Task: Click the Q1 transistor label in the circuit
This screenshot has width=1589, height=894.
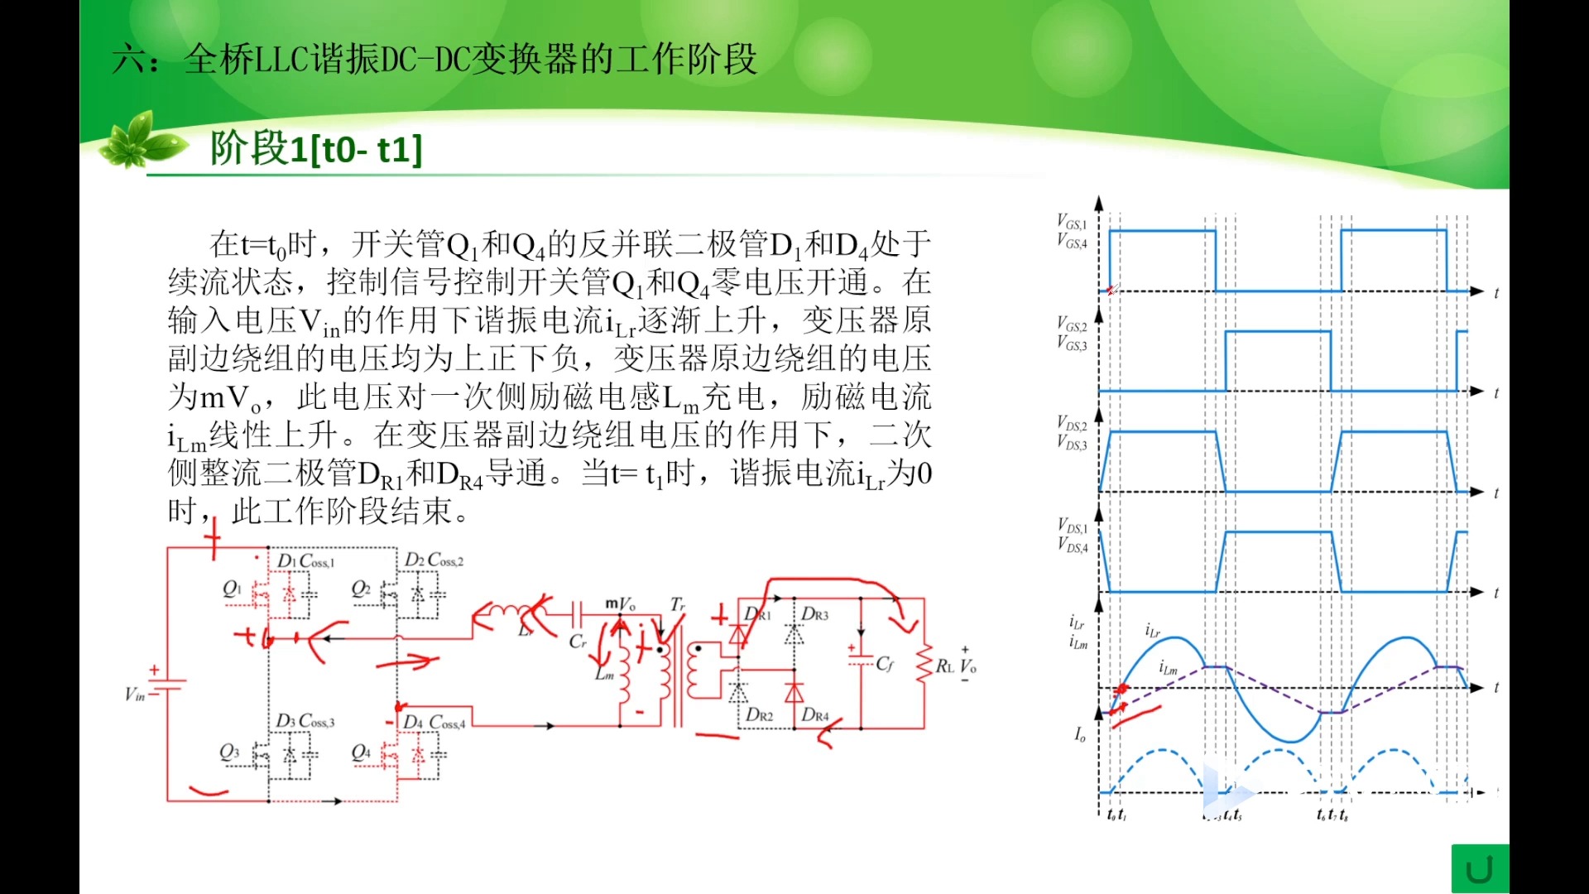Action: [231, 589]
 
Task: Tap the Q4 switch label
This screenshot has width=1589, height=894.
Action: [361, 752]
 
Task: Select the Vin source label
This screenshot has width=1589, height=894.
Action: [134, 695]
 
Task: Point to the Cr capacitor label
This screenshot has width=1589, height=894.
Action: [578, 642]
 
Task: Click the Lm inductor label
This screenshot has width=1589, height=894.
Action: [604, 675]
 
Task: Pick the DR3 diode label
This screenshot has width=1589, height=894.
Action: [814, 614]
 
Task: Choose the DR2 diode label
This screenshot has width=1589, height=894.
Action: [759, 714]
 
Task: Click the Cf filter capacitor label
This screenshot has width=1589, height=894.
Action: [885, 664]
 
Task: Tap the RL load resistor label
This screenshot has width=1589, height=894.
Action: [944, 666]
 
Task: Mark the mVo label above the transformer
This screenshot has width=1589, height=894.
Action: [621, 604]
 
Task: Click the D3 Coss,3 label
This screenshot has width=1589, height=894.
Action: [305, 721]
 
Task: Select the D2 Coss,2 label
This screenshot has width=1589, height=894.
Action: [434, 560]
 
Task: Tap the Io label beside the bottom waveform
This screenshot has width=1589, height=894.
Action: [1079, 734]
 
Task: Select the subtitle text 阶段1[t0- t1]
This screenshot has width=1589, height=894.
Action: [316, 149]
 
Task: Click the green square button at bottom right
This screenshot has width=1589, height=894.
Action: [1480, 869]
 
